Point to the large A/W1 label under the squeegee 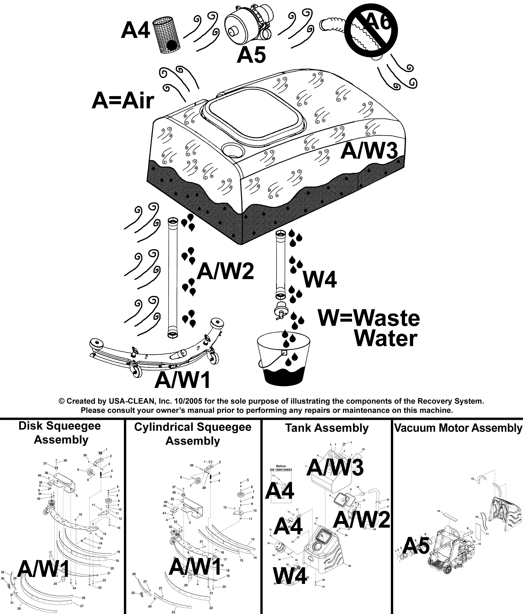click(x=182, y=380)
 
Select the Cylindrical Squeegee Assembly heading click(x=193, y=434)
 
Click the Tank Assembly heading click(x=327, y=428)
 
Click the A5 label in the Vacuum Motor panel click(x=416, y=546)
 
